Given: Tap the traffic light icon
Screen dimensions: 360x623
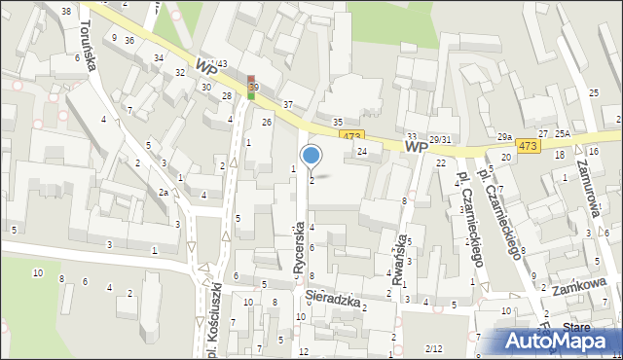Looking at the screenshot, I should pos(253,88).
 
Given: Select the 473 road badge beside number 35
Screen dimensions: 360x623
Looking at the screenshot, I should pos(352,136).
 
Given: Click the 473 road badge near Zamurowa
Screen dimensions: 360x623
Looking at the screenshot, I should pos(527,146).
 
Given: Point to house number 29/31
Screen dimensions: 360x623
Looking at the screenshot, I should pos(440,139).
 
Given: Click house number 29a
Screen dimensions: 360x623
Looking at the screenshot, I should pos(504,137).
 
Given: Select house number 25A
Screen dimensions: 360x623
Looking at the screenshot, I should pos(562,133).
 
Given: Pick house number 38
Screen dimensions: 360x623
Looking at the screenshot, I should pos(65,11).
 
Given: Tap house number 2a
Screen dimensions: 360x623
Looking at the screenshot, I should pos(164,193).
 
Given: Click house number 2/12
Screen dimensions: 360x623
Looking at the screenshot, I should pos(434,348).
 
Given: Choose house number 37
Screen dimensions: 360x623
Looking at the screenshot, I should pos(287,104).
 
